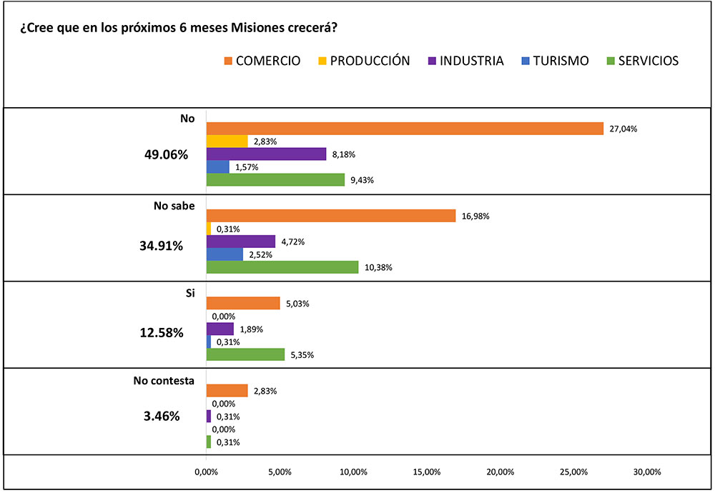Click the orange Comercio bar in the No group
[405, 129]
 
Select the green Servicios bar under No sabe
[282, 267]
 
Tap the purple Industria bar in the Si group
[220, 329]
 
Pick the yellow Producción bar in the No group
[227, 141]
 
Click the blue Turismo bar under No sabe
[225, 254]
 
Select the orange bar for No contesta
[227, 391]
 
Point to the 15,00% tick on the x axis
[427, 472]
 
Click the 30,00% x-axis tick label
[648, 472]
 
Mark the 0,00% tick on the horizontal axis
[206, 472]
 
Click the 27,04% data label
[623, 129]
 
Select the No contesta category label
[164, 381]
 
